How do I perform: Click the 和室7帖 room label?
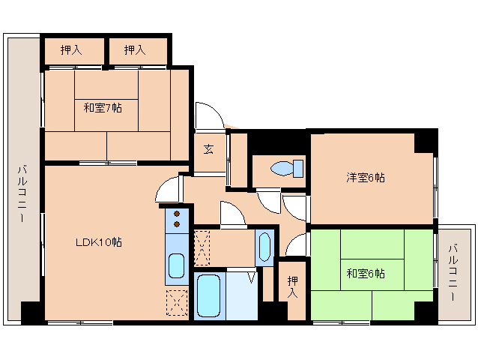tap(103, 108)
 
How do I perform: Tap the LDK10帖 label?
tap(98, 242)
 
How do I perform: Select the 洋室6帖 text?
tap(366, 178)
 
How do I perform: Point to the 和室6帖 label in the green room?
tap(366, 274)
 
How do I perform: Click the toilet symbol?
tap(287, 167)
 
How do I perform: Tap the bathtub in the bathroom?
tap(209, 297)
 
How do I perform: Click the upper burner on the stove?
tap(178, 213)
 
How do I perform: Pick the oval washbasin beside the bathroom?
tap(264, 247)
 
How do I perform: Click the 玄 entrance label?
tap(208, 148)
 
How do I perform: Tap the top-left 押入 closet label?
tap(71, 50)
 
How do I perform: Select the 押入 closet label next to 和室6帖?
tap(294, 286)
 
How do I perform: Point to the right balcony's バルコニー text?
tap(454, 271)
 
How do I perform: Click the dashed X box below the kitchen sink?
tap(177, 304)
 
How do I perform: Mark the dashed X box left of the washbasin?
tap(202, 247)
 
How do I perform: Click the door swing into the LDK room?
tap(169, 190)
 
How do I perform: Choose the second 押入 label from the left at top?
tap(135, 50)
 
